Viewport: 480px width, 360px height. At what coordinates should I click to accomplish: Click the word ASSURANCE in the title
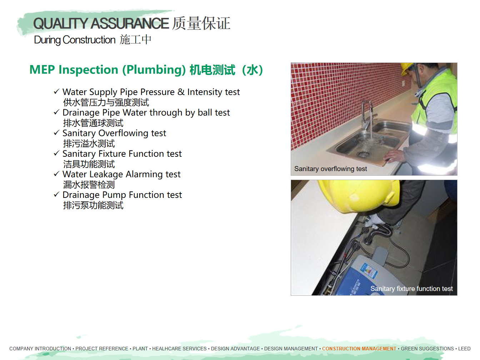coord(129,23)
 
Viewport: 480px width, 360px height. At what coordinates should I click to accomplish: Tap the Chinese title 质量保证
coord(201,23)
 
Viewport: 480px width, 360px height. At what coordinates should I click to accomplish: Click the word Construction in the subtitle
coord(89,40)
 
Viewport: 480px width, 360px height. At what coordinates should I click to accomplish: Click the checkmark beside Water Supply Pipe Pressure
coord(56,91)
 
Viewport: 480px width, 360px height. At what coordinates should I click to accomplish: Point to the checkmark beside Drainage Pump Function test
coord(56,194)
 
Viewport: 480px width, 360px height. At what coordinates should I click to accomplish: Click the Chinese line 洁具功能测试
coord(89,164)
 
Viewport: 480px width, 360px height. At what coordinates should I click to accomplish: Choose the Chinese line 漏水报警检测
coord(89,185)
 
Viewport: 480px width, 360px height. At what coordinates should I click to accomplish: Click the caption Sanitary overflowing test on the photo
coord(330,169)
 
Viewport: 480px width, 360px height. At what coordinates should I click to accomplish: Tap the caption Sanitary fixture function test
coord(411,289)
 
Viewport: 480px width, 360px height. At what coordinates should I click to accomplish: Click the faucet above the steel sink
coord(368,114)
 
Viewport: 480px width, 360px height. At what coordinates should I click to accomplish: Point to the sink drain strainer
coord(364,154)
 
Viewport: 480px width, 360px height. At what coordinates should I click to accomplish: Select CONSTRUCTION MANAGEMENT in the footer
coord(359,349)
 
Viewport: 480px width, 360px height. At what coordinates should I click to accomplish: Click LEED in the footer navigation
coord(464,349)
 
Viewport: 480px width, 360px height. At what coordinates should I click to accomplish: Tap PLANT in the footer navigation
coord(140,349)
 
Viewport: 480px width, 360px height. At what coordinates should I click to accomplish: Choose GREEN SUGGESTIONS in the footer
coord(427,349)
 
